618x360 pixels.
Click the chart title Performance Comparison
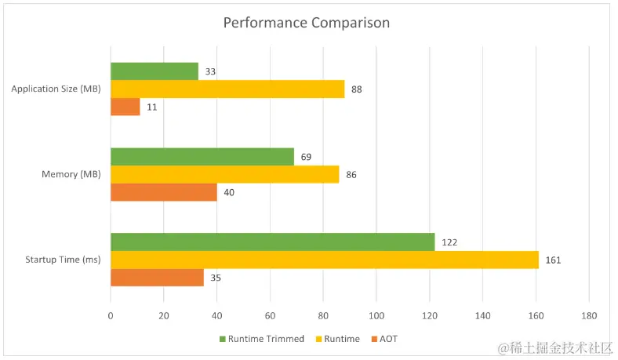306,23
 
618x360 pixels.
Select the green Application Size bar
154,71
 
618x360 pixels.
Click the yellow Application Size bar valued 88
227,89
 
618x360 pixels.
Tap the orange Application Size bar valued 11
125,107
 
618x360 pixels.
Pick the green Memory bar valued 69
202,157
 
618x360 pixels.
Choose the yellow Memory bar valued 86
225,174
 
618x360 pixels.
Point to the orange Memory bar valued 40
164,192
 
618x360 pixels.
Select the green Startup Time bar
272,242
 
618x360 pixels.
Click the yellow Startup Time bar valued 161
325,260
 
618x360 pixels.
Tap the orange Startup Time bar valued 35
157,278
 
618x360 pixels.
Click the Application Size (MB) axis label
56,89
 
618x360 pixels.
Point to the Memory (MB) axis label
71,174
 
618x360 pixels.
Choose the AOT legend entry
388,339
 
